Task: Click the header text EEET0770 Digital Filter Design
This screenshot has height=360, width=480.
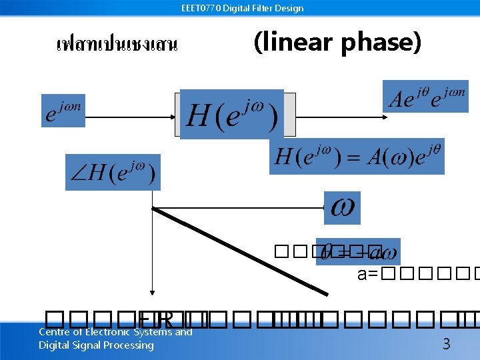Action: [x=242, y=8]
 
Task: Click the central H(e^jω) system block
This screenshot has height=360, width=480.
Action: [x=232, y=115]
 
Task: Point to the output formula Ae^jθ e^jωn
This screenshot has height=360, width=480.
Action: [x=425, y=97]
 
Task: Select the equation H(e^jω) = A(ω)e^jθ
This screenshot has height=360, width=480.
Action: [x=357, y=157]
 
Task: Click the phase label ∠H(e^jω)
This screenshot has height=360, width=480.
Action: [x=113, y=173]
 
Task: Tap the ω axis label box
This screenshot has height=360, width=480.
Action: [x=342, y=208]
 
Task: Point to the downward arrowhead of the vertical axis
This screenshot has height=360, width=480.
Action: [x=153, y=291]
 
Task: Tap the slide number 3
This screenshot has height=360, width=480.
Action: [x=447, y=345]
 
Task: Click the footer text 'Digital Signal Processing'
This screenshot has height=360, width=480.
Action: [x=96, y=345]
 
